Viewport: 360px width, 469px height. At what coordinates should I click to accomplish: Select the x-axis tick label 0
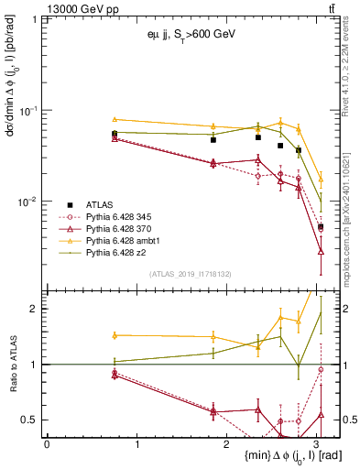[47, 443]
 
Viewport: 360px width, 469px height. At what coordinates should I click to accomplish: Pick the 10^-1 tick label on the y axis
[28, 111]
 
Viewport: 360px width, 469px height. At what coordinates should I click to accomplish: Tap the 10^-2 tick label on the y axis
[28, 202]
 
